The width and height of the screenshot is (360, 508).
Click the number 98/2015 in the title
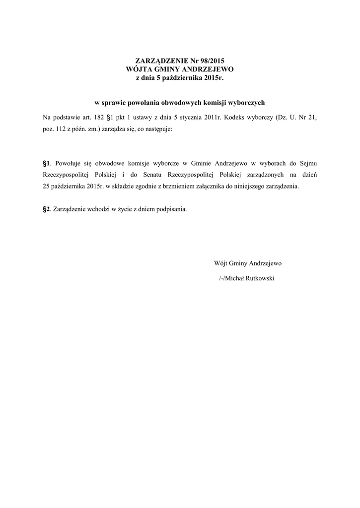click(203, 62)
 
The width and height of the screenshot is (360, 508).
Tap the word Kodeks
click(240, 119)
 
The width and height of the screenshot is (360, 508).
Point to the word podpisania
click(172, 209)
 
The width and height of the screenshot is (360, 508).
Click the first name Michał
click(237, 278)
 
